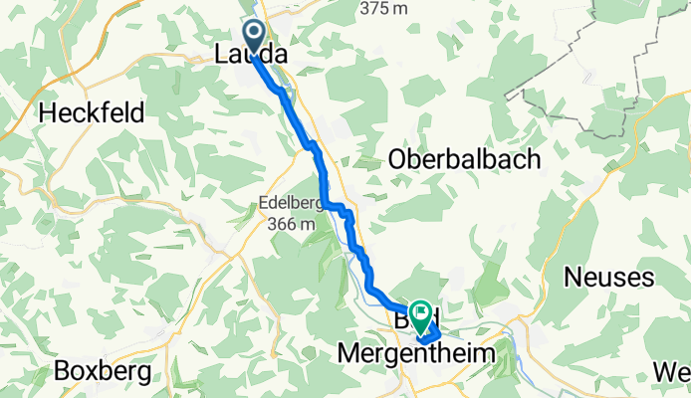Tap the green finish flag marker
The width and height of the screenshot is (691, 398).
click(x=422, y=315)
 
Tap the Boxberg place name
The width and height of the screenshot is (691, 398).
click(x=103, y=371)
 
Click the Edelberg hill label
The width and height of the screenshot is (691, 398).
click(x=289, y=205)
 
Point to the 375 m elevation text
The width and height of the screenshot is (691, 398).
click(x=385, y=8)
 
